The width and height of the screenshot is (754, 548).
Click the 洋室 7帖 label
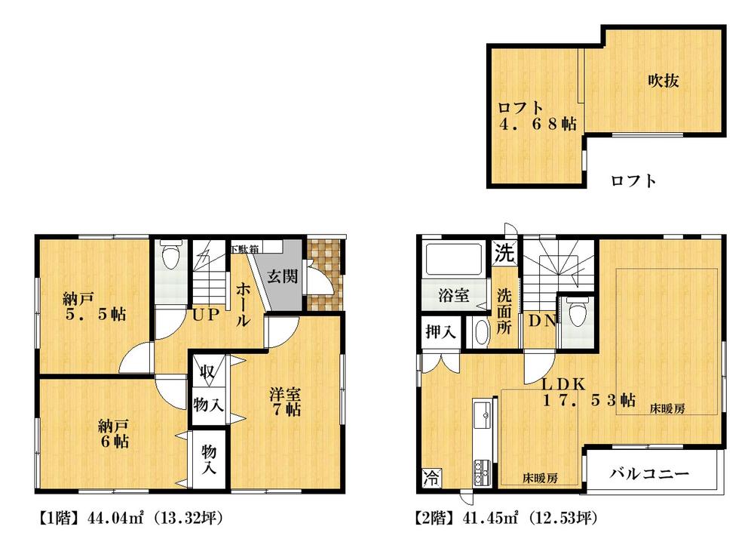(x=287, y=402)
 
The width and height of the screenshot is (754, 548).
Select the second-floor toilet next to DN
(x=578, y=312)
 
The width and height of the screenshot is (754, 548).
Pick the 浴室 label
(x=452, y=295)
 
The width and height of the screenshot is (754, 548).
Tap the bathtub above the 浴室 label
(x=453, y=260)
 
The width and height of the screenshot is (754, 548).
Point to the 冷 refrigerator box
(x=430, y=477)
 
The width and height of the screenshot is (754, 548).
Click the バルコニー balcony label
(x=649, y=474)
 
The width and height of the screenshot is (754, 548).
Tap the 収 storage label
(x=206, y=371)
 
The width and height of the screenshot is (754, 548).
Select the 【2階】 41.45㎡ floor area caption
(x=507, y=519)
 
